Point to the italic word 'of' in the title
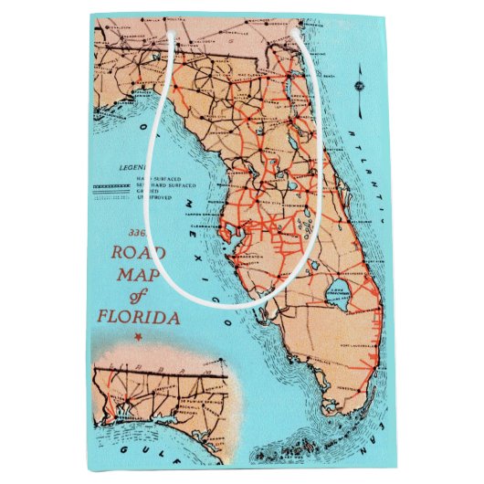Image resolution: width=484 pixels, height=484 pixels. [138, 297]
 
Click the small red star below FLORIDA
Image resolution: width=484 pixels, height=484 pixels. [139, 338]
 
